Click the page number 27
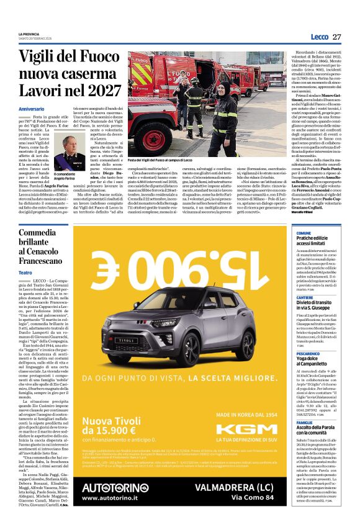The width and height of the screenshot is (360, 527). pos(337,37)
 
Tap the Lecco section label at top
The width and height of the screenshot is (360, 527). pos(319,37)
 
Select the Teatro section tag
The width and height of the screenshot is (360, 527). pos(25,273)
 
